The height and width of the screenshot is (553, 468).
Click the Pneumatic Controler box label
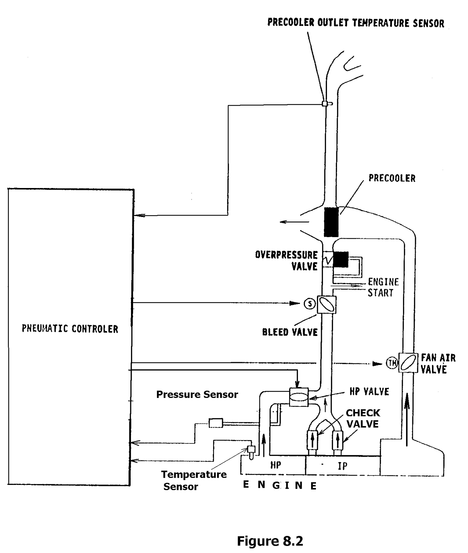click(x=70, y=329)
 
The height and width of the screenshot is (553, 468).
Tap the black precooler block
click(x=331, y=222)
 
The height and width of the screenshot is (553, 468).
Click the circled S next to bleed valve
click(x=310, y=304)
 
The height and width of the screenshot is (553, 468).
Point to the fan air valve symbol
click(x=408, y=363)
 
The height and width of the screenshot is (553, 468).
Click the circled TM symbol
click(x=392, y=363)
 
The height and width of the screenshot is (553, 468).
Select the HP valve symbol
click(x=299, y=397)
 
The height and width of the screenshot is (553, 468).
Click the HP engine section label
click(x=275, y=465)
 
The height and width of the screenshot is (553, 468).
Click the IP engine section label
click(x=342, y=466)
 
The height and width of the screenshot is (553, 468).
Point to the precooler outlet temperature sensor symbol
click(x=325, y=103)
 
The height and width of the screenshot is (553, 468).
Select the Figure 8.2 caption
click(x=270, y=532)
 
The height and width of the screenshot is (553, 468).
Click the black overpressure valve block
click(x=340, y=259)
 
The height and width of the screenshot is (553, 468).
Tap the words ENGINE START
click(x=383, y=288)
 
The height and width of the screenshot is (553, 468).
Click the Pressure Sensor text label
click(x=197, y=394)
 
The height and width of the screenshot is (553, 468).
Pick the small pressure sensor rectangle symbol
click(x=216, y=423)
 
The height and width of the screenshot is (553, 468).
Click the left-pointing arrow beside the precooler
click(x=294, y=222)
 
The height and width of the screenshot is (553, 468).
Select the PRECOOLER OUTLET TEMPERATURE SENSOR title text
click(x=356, y=23)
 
